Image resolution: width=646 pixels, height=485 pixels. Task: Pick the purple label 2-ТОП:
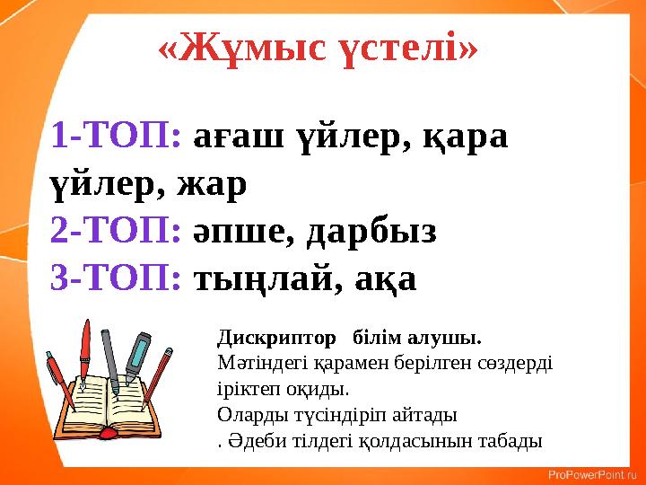[x=118, y=232]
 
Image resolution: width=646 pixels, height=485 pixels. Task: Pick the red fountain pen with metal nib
[x=85, y=350]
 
